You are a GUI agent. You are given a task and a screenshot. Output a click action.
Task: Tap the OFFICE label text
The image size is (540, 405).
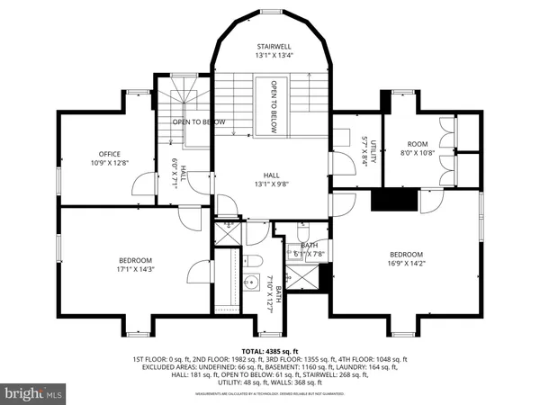(x=110, y=154)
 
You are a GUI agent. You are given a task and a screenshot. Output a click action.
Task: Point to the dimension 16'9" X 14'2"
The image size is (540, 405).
(x=406, y=264)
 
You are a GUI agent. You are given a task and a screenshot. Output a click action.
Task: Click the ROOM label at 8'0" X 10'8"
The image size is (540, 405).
(x=418, y=144)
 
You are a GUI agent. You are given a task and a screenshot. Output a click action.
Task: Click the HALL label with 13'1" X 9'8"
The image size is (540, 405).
(x=271, y=176)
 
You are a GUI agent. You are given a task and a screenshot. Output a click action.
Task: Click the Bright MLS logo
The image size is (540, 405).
(x=34, y=393)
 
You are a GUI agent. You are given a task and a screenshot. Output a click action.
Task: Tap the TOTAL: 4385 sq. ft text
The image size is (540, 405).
(x=270, y=350)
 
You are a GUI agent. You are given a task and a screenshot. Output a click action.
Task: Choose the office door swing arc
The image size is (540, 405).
(x=141, y=186)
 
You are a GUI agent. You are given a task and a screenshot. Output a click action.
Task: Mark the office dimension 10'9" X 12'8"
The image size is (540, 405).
(x=110, y=163)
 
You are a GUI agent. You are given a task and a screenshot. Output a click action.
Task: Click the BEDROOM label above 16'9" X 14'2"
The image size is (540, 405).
(x=406, y=255)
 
